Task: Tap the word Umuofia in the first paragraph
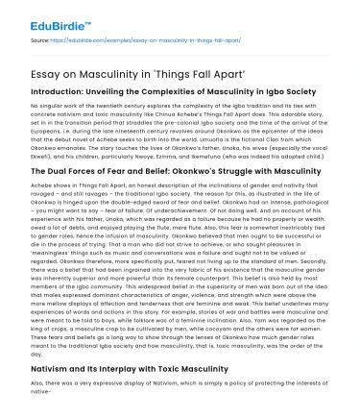point(207,129)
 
